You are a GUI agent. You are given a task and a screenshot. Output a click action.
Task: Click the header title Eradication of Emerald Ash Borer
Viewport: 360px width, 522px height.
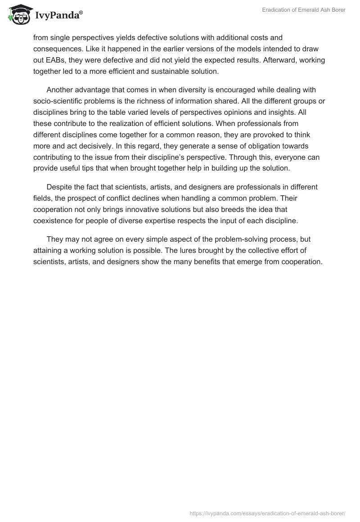click(x=304, y=10)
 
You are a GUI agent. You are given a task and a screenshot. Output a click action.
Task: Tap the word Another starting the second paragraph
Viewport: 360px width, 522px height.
click(x=61, y=90)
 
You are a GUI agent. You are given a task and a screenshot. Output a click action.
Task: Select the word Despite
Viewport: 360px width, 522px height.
click(x=60, y=187)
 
